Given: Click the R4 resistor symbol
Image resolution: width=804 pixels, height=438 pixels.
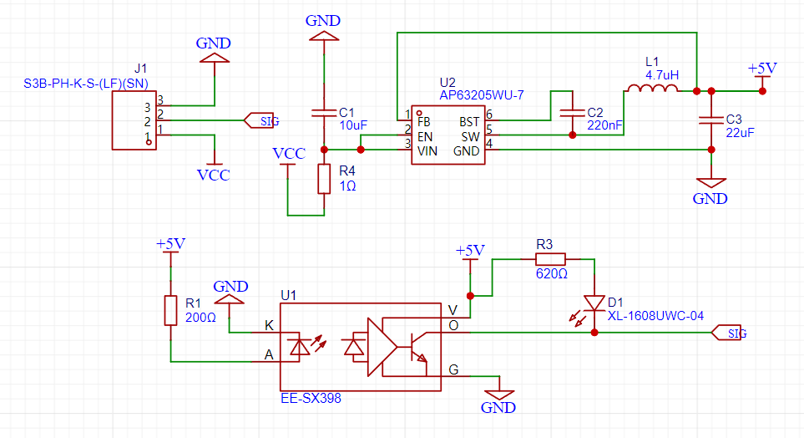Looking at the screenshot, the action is click(324, 179).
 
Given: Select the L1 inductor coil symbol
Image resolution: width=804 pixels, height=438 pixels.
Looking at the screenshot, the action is click(652, 89).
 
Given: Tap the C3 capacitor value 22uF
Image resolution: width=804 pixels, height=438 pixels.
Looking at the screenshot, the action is click(740, 132).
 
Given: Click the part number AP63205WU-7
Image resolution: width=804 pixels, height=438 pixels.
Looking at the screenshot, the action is click(482, 95).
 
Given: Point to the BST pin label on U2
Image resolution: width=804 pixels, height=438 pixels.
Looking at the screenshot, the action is click(469, 122).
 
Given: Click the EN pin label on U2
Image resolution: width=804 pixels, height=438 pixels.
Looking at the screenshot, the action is click(425, 136).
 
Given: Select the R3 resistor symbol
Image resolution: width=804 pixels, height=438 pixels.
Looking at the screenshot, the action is click(551, 259).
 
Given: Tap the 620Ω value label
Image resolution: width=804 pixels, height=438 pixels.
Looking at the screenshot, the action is click(552, 273).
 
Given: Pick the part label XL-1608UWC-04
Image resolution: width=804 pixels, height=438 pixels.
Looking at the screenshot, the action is click(656, 316).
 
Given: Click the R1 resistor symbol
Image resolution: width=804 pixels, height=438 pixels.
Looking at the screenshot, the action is click(171, 311).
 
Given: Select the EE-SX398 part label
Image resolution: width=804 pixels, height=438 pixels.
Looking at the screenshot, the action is click(311, 399).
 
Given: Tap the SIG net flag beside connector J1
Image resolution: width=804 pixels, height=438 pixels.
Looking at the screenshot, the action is click(261, 120).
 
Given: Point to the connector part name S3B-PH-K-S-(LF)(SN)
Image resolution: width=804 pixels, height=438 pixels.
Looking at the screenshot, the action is click(86, 84).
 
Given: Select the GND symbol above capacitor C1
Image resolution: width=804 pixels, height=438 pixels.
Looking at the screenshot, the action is click(324, 36).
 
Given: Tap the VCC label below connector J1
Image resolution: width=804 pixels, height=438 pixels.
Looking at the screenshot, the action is click(213, 175).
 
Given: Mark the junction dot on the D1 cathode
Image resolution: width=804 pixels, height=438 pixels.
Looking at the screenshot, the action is click(594, 333).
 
